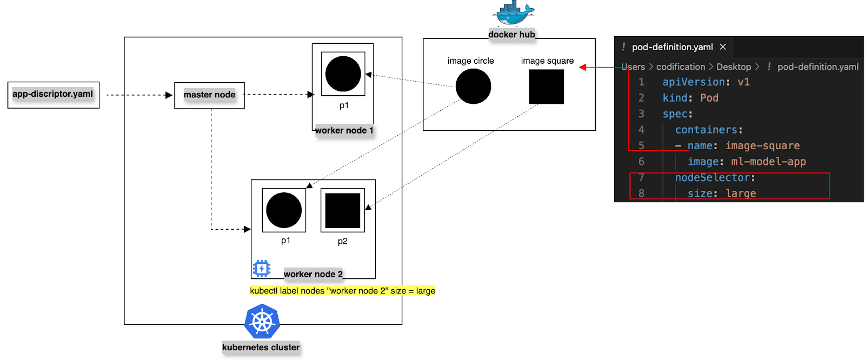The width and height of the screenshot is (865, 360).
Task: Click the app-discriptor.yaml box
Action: pos(53,95)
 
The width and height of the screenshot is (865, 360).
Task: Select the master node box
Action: pos(209,95)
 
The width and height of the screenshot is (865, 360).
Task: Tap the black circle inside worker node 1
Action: pos(343,74)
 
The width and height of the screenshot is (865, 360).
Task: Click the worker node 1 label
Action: pos(344,130)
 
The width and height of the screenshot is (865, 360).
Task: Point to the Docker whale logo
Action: pos(513,14)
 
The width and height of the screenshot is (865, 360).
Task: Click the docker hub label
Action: pos(511,35)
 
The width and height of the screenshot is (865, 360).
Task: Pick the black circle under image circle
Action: pos(473,86)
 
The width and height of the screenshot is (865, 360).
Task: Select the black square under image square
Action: pos(546,86)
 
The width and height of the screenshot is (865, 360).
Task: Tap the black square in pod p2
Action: pos(342,210)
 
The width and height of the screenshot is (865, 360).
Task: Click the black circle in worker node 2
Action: pos(284,210)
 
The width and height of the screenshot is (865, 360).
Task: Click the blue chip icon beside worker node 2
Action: pos(262,268)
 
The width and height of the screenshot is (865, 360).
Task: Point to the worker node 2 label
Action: pos(313,274)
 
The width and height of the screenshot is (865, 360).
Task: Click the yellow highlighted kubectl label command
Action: pos(342,291)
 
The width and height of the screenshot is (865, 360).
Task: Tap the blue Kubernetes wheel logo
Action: pos(262,322)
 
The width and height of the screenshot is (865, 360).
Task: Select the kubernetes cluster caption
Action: pos(261,348)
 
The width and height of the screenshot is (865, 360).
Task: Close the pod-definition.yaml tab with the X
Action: pos(723,47)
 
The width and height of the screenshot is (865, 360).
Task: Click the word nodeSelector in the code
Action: pos(714,178)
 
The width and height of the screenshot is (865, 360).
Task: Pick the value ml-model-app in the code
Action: pos(768,162)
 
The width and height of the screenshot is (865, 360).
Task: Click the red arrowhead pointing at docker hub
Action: pos(583,68)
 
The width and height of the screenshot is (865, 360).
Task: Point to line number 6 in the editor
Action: pos(641,162)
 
